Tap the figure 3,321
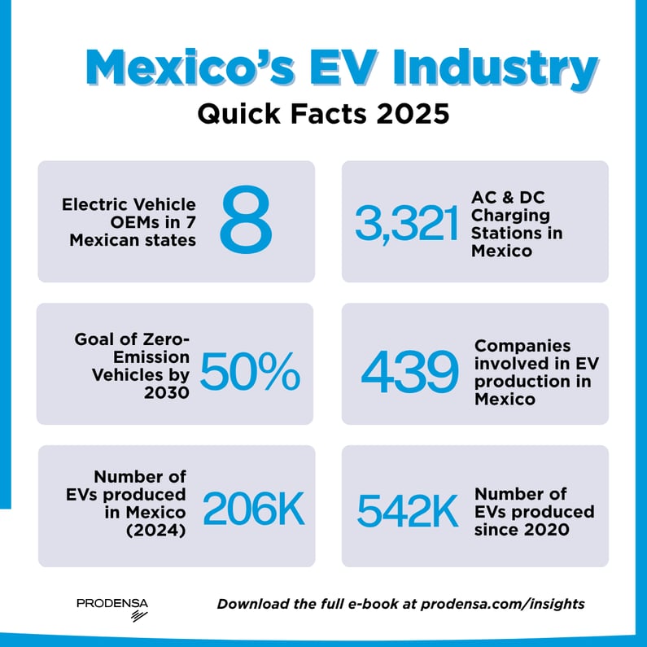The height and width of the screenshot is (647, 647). point(407,225)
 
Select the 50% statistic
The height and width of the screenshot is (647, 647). point(250,372)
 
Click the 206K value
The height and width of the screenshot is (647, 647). point(253,510)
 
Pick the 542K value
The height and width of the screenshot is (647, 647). point(408,510)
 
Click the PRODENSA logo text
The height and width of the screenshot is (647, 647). point(112,603)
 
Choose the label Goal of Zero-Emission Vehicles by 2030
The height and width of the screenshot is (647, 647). point(133,364)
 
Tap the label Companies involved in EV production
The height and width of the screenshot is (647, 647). point(533,373)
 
